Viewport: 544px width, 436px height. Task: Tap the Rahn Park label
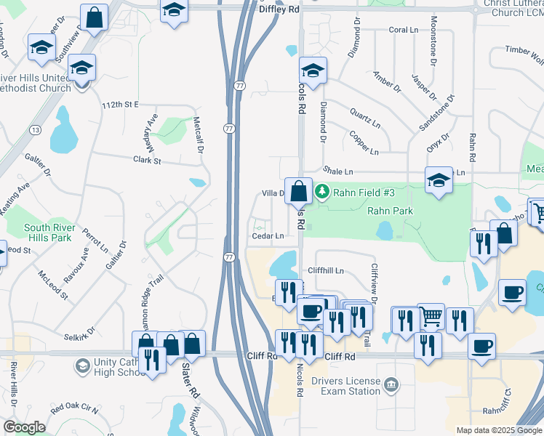point(390,211)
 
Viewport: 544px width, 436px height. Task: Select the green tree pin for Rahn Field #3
point(322,193)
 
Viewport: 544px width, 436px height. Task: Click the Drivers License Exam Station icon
point(391,383)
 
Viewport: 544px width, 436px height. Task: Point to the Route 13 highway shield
point(34,129)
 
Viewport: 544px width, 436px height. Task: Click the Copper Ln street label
point(364,143)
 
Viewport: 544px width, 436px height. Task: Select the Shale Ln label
point(338,171)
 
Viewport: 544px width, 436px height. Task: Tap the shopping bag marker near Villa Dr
point(298,192)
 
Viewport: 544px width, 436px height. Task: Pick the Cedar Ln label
point(268,235)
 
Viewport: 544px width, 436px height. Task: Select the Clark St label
point(146,160)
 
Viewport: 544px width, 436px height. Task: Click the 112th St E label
point(120,105)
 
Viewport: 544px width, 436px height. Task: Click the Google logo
point(25,427)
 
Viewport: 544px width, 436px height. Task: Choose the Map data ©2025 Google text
point(498,430)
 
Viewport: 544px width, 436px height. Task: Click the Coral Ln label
point(402,30)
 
